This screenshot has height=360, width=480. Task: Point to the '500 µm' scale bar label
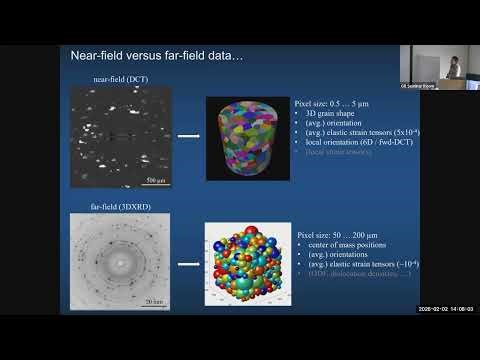coord(157,179)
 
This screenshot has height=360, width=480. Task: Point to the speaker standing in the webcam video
coord(453,64)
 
